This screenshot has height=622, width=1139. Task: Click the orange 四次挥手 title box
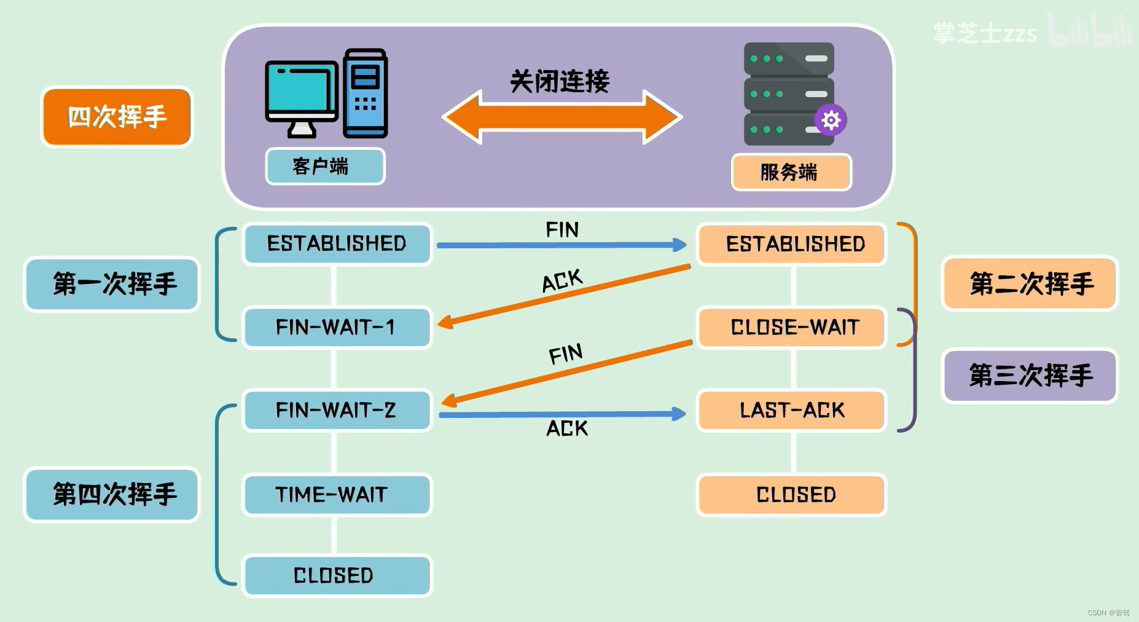(117, 117)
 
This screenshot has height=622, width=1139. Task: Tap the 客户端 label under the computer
(325, 166)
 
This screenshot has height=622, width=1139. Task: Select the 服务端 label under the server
(791, 172)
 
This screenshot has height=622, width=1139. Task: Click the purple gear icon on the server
(831, 120)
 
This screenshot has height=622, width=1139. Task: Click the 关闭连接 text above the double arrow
(560, 81)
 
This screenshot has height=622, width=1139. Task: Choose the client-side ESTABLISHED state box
(337, 244)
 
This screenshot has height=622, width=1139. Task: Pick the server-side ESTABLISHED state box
(792, 244)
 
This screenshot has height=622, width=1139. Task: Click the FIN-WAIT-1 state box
(337, 327)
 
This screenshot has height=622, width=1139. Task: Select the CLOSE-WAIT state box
(792, 327)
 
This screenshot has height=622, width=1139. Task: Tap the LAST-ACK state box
(792, 410)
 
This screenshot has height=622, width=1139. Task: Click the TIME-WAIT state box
(337, 494)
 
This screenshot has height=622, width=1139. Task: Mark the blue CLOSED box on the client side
(337, 575)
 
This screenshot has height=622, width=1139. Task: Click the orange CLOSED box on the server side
(792, 494)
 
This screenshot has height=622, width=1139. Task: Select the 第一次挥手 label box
(112, 284)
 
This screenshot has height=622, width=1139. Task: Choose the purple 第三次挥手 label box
(1030, 376)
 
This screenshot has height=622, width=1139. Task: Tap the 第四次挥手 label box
(112, 494)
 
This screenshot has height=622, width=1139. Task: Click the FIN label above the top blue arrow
(562, 230)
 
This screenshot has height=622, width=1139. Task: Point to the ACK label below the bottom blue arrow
(567, 428)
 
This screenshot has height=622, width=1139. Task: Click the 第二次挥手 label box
(1030, 284)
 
